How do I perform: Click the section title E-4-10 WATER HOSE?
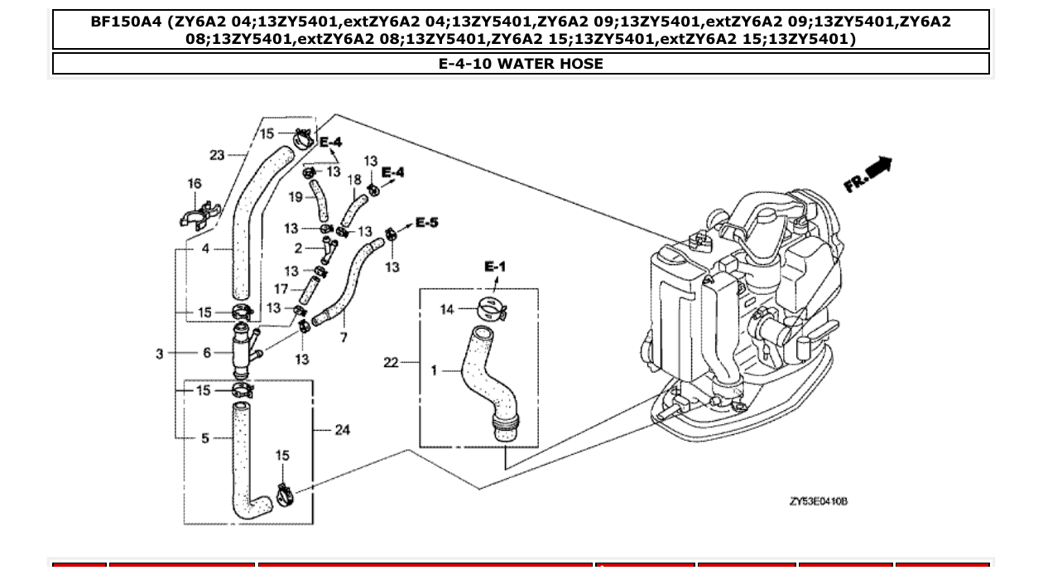coord(521,64)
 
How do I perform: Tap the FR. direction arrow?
coord(868,175)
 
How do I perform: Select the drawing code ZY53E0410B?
coord(818,502)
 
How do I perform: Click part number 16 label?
coord(195,184)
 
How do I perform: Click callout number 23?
coord(217,154)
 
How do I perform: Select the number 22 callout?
coord(392,362)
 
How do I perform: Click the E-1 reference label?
coord(494,266)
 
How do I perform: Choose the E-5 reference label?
coord(426,222)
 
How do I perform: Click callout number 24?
coord(343,429)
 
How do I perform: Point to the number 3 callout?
coord(160,354)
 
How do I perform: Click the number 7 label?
coord(344,337)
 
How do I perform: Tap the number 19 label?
coord(295,196)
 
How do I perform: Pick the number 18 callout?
coord(353,180)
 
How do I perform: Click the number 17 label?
coord(281,289)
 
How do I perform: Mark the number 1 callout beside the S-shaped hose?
coord(434,370)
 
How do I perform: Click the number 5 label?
coord(205,437)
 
